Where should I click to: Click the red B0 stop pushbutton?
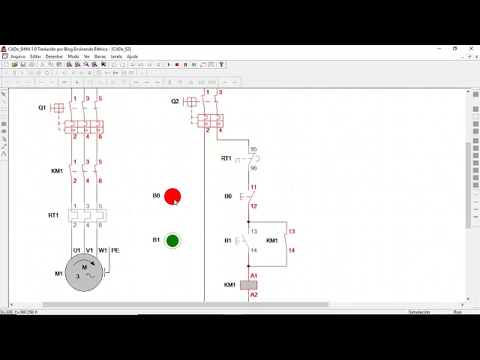point(172,196)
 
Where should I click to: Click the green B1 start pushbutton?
point(172,241)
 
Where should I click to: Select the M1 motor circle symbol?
point(84,272)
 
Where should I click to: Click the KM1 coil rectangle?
point(248,285)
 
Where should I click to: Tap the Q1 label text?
point(42,108)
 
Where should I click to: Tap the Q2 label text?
point(175,101)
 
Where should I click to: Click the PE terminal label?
point(115,250)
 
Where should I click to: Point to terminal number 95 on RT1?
point(253,150)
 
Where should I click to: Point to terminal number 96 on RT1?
point(253,168)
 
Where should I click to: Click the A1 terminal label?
point(253,276)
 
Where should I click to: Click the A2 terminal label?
point(253,295)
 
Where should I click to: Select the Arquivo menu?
point(17,56)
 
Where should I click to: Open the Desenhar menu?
point(54,56)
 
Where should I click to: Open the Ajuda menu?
point(132,56)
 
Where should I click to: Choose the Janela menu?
point(116,56)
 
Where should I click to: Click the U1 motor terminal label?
point(76,250)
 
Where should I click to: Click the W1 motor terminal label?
point(103,250)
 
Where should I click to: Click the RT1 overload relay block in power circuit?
point(87,215)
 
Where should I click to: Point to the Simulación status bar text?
point(419,312)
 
